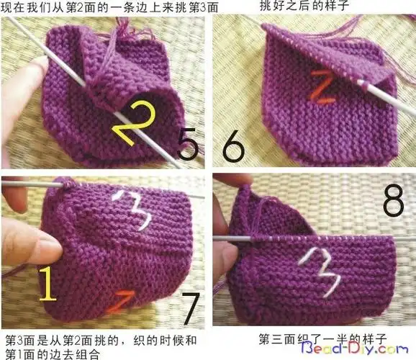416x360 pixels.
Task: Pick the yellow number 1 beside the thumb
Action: (49, 284)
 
